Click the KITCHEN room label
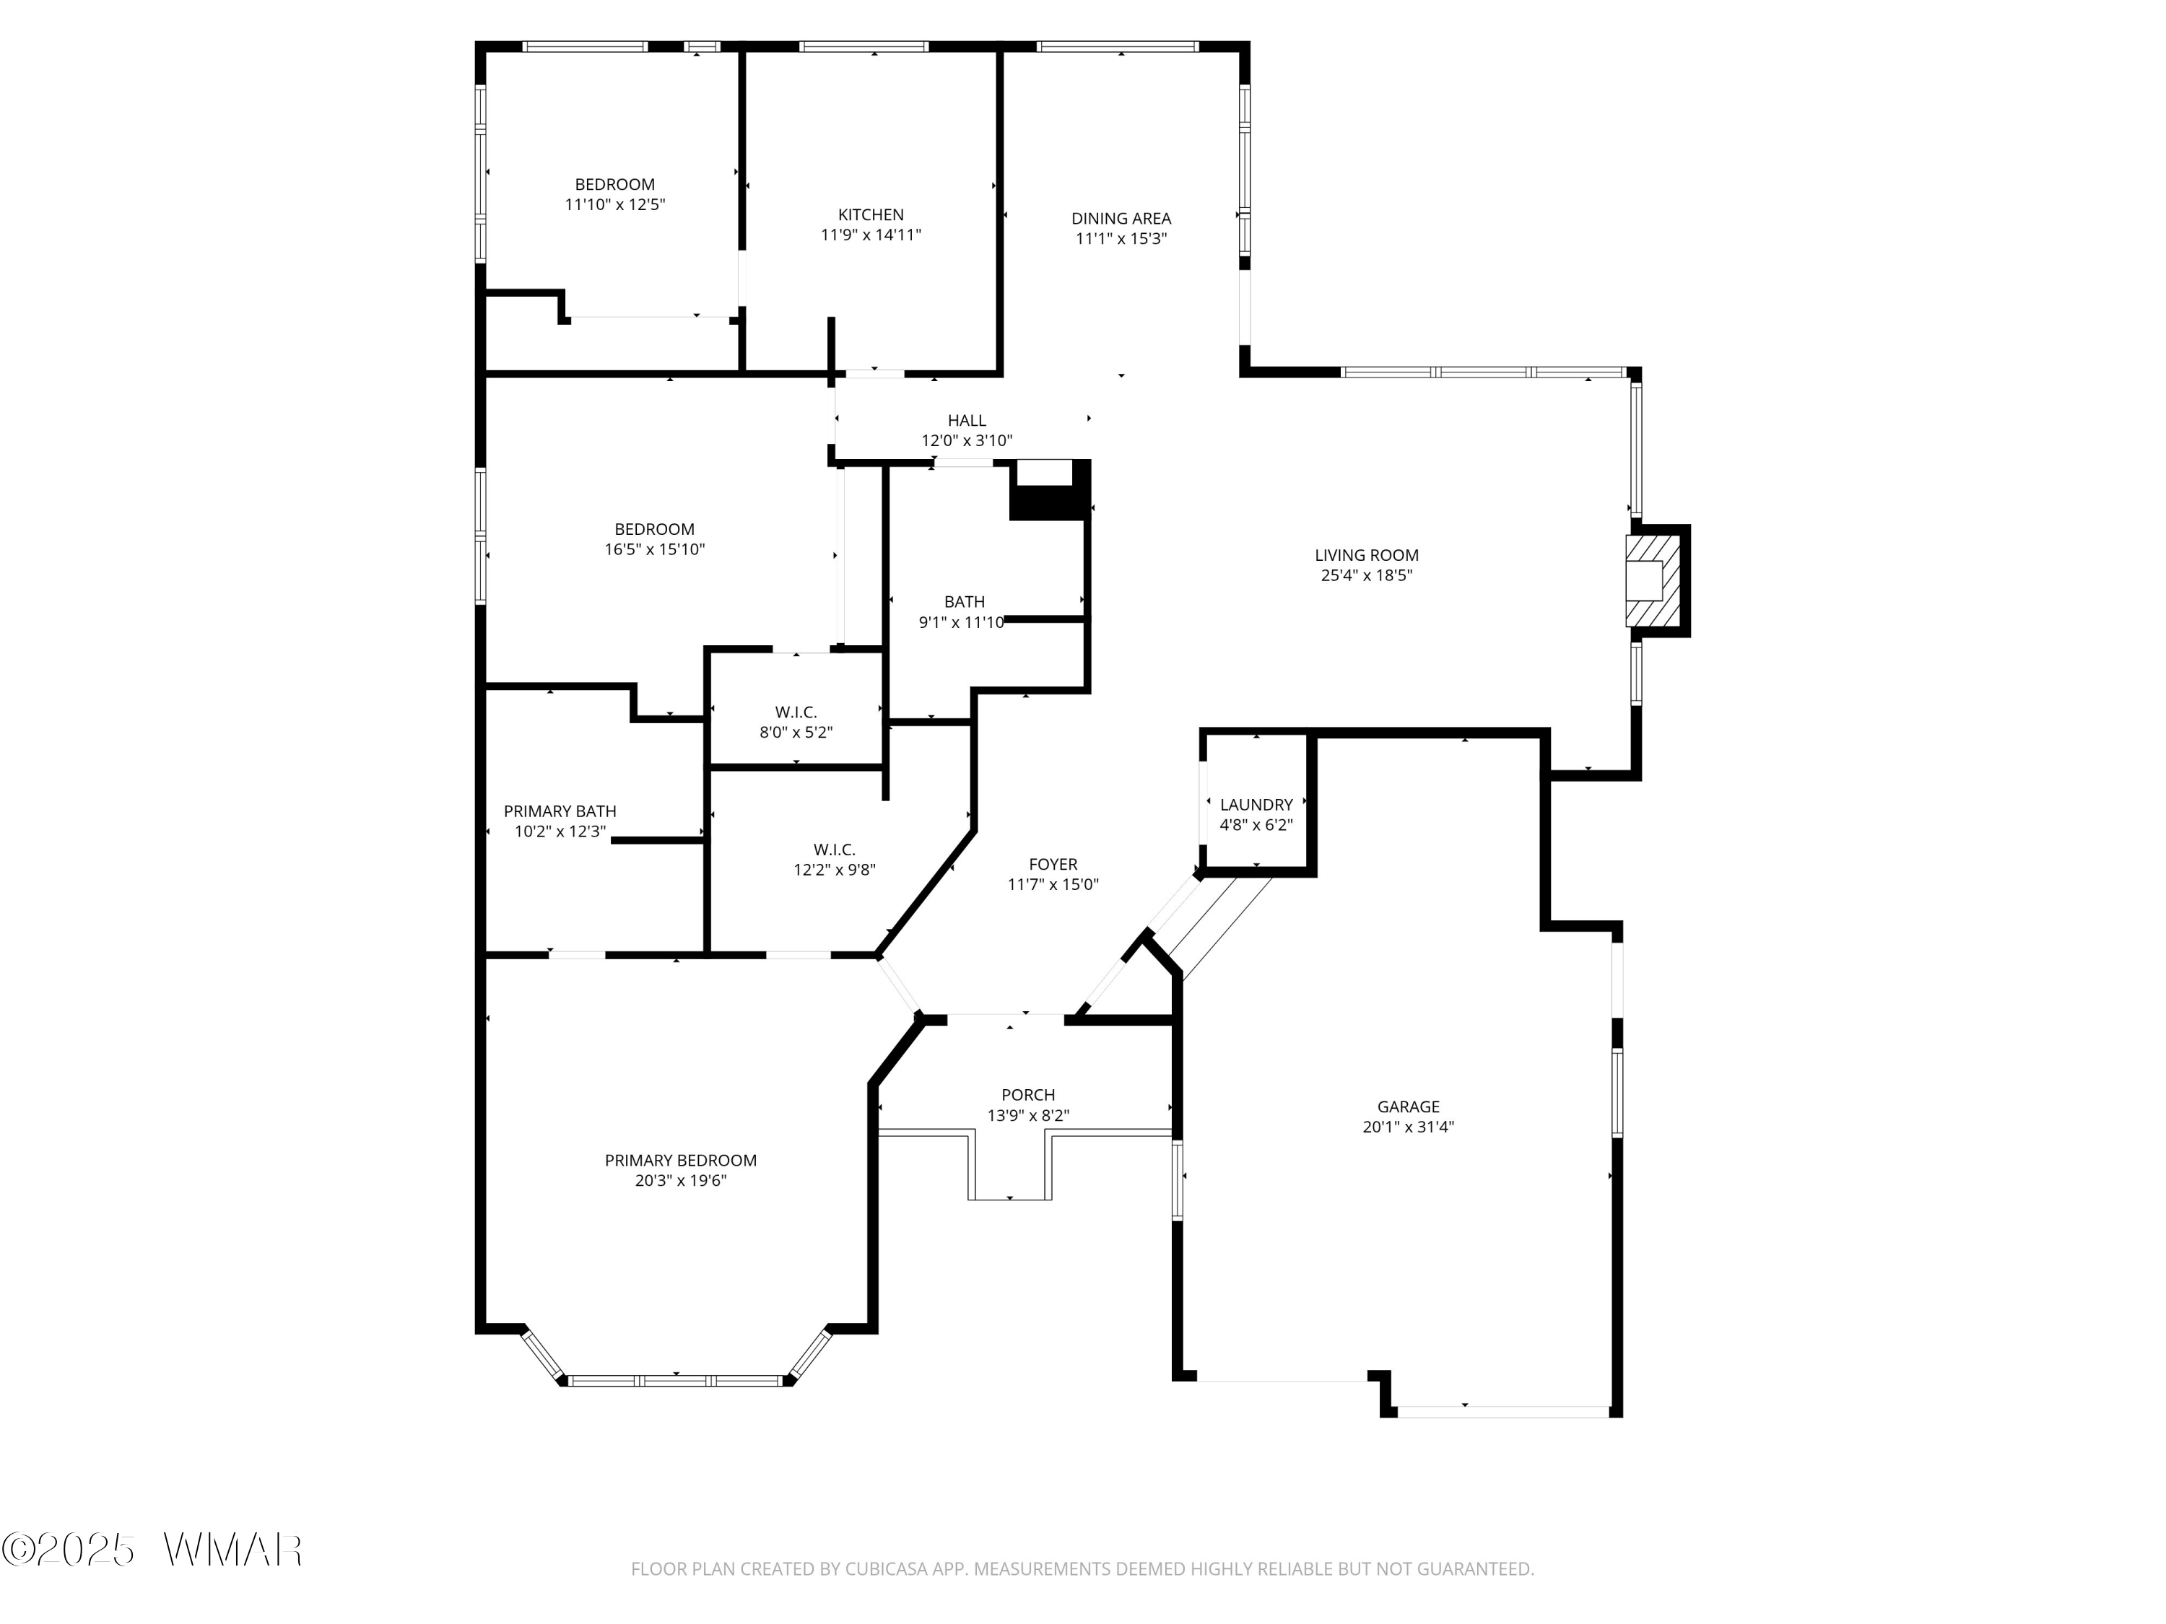tap(871, 214)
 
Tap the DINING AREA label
tap(1121, 218)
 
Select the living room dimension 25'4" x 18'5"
tap(1366, 575)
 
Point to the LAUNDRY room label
tap(1256, 805)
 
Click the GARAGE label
tap(1408, 1106)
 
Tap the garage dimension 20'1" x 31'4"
tap(1408, 1127)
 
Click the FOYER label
tap(1053, 865)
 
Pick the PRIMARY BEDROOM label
tap(681, 1160)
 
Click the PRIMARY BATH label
tap(560, 811)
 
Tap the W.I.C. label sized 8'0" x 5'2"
tap(796, 712)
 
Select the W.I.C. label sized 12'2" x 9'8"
tap(835, 850)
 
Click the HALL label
tap(967, 421)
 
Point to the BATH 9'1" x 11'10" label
tap(964, 602)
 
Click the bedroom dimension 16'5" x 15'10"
tap(654, 550)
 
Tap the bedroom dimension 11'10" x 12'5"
tap(615, 204)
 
